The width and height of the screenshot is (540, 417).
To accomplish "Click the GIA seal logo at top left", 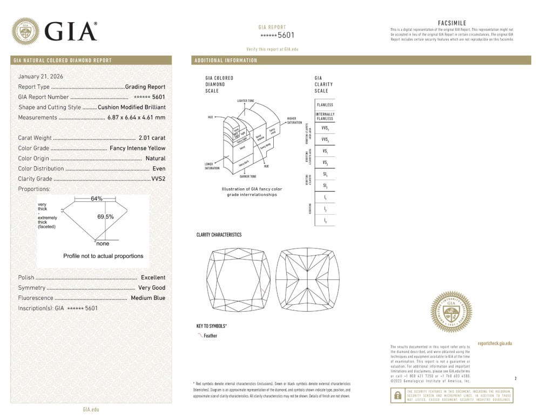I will (25, 31).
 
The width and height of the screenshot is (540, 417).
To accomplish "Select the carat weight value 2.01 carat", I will (152, 138).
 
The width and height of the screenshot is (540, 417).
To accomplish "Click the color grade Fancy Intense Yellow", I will (137, 148).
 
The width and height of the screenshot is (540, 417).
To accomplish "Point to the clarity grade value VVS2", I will (158, 179).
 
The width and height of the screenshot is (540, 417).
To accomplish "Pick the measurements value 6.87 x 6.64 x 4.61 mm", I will (136, 118).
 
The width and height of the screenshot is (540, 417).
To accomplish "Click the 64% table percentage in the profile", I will (97, 199).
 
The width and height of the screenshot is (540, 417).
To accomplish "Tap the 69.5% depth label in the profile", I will (105, 217).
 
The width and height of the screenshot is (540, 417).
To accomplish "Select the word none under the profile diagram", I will (103, 244).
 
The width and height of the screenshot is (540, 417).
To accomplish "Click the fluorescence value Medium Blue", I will (148, 298).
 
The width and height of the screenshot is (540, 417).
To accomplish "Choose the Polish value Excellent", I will (153, 277).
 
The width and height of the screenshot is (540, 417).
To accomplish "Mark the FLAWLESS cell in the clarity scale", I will (325, 105).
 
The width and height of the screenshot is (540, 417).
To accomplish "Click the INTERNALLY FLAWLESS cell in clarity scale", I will (325, 117).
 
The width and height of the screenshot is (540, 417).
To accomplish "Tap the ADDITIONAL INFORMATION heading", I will (226, 60).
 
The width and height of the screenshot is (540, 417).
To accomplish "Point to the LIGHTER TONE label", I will (246, 101).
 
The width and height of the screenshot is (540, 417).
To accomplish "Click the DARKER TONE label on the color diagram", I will (247, 176).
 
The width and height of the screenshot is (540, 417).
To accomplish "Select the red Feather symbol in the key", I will (200, 336).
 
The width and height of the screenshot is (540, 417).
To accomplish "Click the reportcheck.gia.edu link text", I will (495, 344).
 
